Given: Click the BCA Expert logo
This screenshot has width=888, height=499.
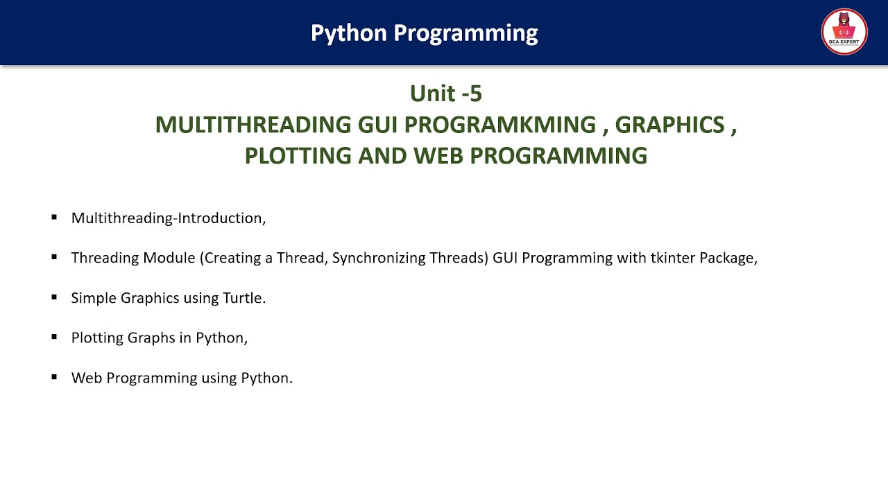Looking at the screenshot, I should [x=844, y=32].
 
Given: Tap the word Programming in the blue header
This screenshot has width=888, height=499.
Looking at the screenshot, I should [x=466, y=33].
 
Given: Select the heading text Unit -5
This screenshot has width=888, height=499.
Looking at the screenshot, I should [x=445, y=93].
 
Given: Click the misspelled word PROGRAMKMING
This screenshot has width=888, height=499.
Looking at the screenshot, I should [x=499, y=125].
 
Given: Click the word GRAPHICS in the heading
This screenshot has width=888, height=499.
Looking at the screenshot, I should [x=669, y=125].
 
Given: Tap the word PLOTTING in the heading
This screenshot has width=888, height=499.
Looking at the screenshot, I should [x=298, y=155].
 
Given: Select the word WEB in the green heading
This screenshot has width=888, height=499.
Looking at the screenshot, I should [x=438, y=155].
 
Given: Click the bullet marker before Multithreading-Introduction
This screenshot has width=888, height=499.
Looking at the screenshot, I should [x=54, y=218].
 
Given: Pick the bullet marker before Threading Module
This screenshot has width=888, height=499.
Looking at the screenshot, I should [x=54, y=257].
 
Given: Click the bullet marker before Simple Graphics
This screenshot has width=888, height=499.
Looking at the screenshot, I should [x=54, y=297].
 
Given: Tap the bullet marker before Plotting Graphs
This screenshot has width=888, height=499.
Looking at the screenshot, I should [x=54, y=337].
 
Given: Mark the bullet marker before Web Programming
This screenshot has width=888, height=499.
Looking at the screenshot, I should [x=54, y=377].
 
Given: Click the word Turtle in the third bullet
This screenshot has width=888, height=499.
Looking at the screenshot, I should [x=244, y=298].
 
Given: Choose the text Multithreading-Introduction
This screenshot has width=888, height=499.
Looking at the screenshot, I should [x=168, y=218].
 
